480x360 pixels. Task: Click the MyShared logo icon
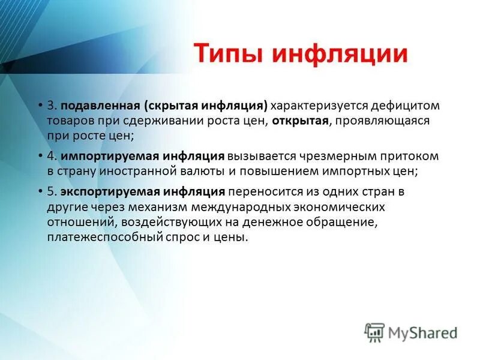(x=374, y=332)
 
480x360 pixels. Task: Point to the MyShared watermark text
(x=422, y=332)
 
